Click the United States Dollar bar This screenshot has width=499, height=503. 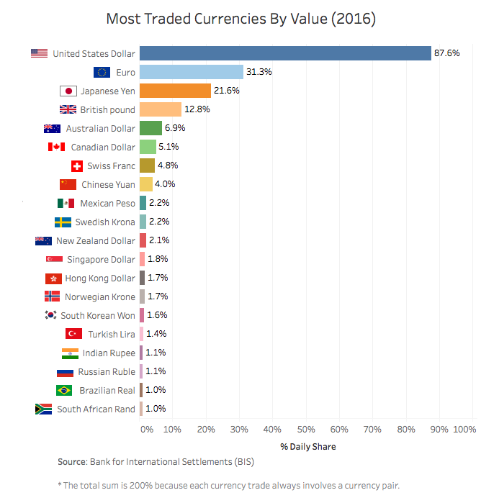285,53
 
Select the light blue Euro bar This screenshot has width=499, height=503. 192,72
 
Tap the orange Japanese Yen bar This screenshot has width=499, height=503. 175,91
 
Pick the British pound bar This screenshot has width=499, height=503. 161,109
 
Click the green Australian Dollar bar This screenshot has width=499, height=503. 150,128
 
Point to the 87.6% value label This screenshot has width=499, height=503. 447,53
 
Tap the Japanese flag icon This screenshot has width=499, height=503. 68,91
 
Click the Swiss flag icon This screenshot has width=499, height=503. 78,166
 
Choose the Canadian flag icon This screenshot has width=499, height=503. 56,147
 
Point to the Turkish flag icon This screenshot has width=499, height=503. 73,334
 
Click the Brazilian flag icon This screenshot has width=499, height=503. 64,390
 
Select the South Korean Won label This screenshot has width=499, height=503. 98,315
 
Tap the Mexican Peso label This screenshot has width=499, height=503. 107,203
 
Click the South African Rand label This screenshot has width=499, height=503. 96,409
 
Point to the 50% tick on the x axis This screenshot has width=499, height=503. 306,429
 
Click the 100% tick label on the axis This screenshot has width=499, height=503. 464,429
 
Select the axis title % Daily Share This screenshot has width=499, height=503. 308,446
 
